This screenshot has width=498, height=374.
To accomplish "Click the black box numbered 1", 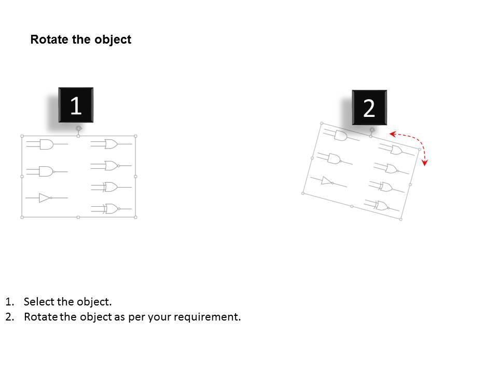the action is [x=76, y=105].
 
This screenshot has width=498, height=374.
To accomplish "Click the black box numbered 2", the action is [x=369, y=108].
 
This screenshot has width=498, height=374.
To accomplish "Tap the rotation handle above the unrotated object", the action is [x=79, y=128].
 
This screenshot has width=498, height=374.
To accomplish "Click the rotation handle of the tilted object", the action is [x=372, y=130].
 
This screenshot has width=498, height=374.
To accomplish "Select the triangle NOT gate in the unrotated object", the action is [x=45, y=198].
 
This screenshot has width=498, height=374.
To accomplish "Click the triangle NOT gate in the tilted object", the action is [x=327, y=181].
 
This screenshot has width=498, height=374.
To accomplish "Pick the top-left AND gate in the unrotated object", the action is [x=46, y=144].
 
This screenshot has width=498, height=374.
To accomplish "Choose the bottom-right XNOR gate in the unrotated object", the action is [x=111, y=209].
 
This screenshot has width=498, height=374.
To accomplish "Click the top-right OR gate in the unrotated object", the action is [x=111, y=144].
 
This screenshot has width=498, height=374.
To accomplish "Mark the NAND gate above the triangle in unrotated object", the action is [x=47, y=171].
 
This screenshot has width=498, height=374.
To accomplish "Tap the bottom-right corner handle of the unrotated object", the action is [x=135, y=217].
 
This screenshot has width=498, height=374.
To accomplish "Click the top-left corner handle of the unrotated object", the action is [x=22, y=136].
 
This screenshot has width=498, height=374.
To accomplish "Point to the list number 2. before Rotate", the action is [x=10, y=317].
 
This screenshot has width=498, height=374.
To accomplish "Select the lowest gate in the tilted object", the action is [x=381, y=206].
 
